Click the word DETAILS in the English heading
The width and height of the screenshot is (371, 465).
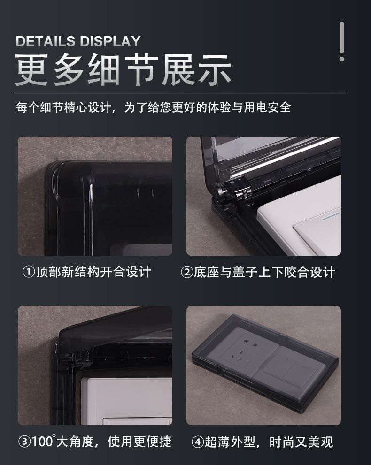[46, 41]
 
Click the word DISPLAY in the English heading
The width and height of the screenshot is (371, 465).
[110, 41]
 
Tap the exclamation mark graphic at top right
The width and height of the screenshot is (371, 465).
[342, 41]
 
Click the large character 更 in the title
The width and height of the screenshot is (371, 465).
[31, 70]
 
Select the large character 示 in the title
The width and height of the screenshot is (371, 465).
[215, 70]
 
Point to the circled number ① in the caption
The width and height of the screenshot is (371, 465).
[29, 272]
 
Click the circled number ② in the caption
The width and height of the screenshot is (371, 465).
[187, 272]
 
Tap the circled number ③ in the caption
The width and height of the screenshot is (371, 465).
[24, 442]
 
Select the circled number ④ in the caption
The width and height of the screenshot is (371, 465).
[197, 442]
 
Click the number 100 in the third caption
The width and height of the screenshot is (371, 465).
[42, 442]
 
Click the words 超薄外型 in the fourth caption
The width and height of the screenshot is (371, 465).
[230, 442]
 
